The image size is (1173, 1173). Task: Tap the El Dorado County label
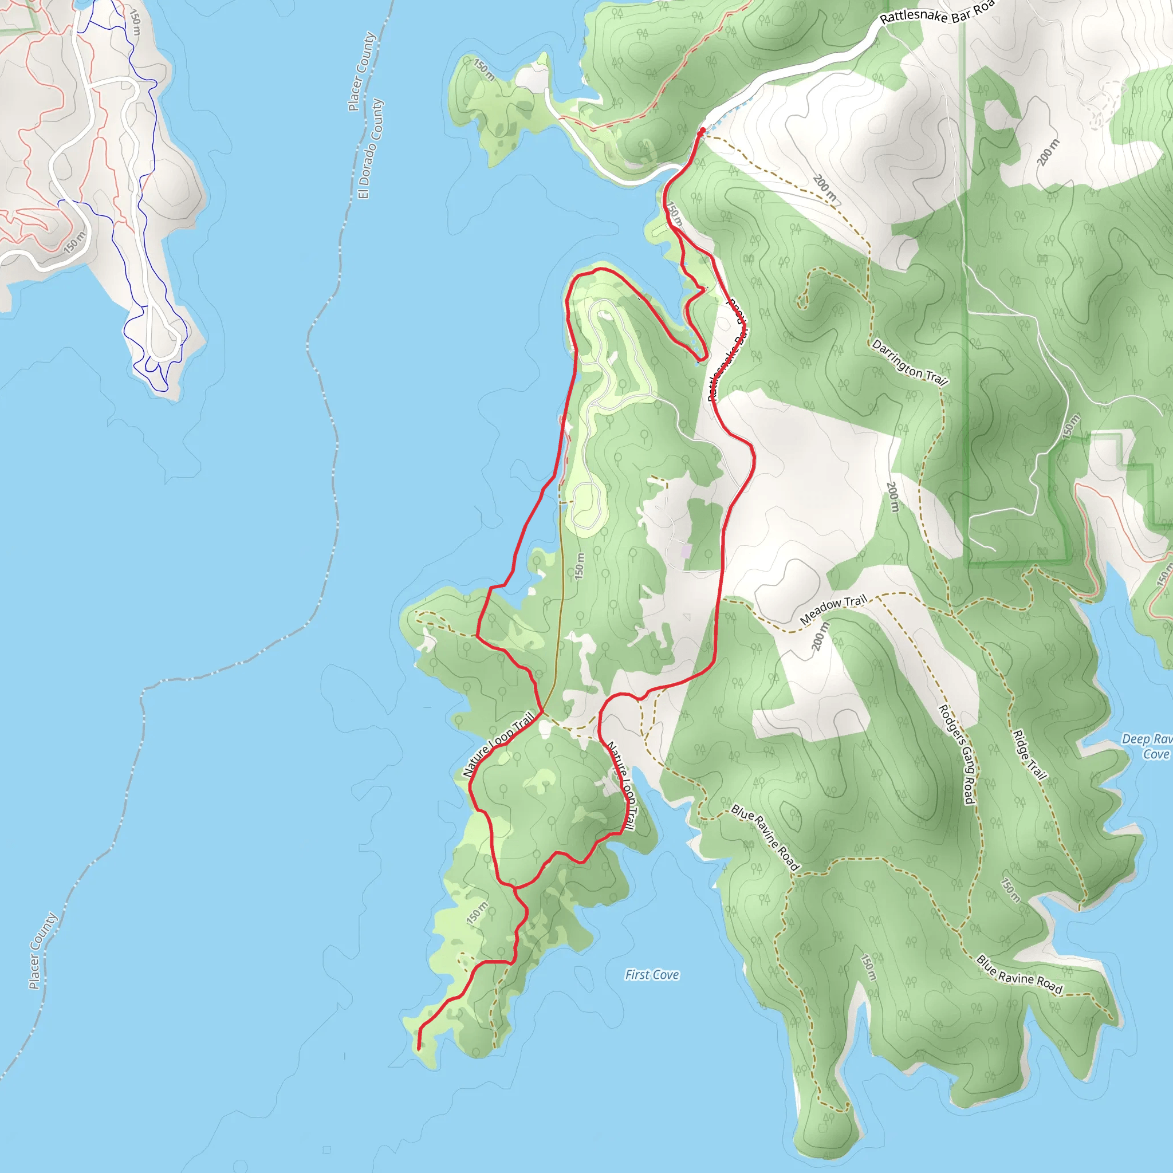[371, 149]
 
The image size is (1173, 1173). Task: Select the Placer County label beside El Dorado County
[361, 72]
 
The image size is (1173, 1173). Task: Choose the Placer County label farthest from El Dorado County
[43, 950]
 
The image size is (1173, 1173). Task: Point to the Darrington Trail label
[909, 363]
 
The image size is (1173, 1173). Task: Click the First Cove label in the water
[652, 974]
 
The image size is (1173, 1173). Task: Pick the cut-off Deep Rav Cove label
[1147, 746]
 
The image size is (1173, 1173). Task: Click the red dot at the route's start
[702, 131]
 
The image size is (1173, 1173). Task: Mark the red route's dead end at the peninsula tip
[419, 1048]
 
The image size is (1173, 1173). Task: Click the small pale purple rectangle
[686, 552]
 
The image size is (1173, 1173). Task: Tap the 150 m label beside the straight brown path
[580, 565]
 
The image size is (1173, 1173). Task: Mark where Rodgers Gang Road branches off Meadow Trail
[879, 596]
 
